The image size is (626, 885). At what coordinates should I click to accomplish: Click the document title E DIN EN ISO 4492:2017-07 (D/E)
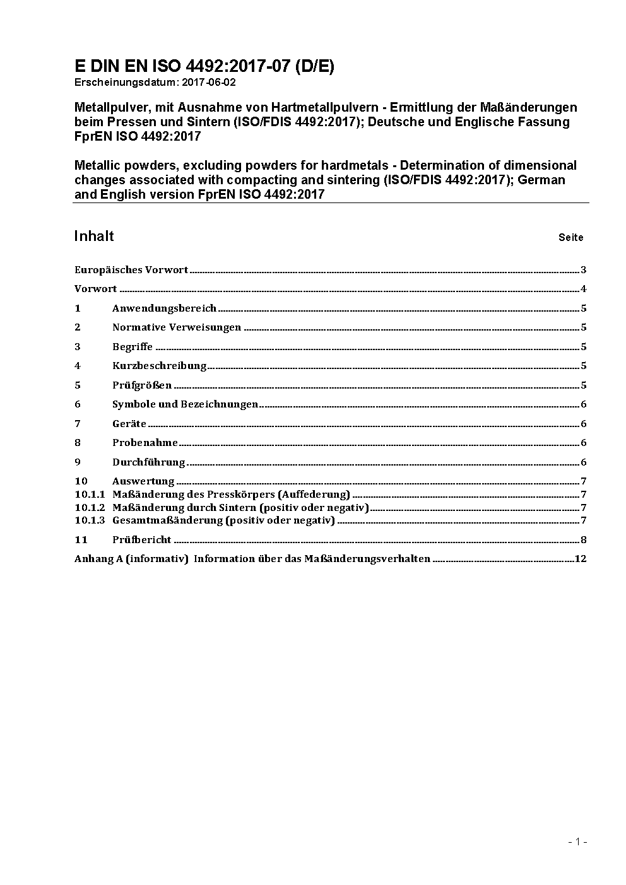(204, 67)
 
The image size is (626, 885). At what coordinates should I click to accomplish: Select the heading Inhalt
(94, 236)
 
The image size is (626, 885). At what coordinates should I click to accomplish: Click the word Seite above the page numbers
(570, 238)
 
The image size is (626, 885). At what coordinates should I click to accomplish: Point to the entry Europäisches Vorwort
(131, 270)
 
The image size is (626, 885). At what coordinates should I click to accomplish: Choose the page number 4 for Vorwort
(584, 290)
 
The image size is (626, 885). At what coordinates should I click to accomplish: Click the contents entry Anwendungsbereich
(164, 308)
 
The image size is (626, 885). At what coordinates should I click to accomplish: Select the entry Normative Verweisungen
(177, 327)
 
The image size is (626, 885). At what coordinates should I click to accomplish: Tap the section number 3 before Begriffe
(78, 347)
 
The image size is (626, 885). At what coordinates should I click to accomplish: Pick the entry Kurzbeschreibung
(160, 366)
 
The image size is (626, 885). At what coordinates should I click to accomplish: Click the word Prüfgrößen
(142, 385)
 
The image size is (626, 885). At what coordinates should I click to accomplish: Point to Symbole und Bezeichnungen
(185, 404)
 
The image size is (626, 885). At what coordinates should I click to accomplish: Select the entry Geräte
(129, 424)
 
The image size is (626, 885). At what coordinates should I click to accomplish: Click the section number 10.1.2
(90, 508)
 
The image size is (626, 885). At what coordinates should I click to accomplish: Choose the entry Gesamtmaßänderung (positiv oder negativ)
(223, 520)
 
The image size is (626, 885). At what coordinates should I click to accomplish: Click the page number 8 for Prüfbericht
(584, 540)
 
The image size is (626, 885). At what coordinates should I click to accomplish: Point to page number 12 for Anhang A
(581, 559)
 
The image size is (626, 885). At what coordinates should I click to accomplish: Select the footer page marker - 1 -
(577, 841)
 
